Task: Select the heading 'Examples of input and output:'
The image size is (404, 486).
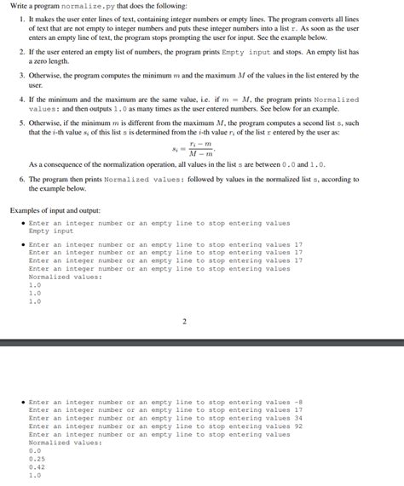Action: pyautogui.click(x=55, y=209)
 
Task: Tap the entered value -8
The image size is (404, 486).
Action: pyautogui.click(x=297, y=402)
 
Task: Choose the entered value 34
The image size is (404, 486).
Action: pyautogui.click(x=297, y=418)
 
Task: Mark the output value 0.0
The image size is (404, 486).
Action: pyautogui.click(x=34, y=451)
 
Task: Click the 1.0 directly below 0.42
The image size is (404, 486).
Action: pyautogui.click(x=34, y=476)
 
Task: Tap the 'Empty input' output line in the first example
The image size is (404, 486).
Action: pyautogui.click(x=51, y=232)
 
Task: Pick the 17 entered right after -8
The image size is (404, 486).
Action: pyautogui.click(x=297, y=410)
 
